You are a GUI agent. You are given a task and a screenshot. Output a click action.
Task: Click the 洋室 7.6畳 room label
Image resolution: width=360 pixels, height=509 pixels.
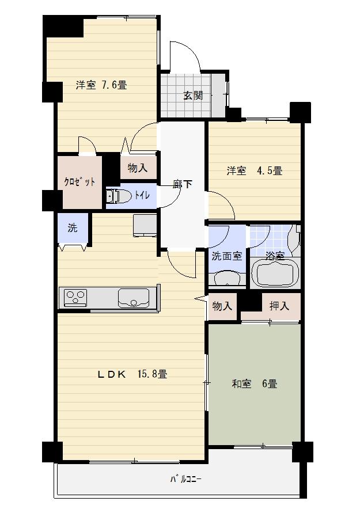pos(101,85)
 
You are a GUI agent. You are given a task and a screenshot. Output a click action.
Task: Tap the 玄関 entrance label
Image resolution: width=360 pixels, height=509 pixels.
pos(193,96)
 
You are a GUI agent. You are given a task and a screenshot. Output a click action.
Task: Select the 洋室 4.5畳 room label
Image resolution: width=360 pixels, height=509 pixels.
pos(253,171)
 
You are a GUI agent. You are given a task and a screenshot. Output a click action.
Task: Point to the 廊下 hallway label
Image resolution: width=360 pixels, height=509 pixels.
pos(183,184)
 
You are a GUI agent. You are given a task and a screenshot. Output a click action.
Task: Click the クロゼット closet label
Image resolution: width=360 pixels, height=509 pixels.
pos(79,182)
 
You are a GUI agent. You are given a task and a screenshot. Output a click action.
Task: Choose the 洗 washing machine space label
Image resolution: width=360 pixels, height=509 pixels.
pos(72,227)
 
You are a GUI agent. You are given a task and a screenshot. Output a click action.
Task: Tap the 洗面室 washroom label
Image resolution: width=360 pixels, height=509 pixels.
pos(226,256)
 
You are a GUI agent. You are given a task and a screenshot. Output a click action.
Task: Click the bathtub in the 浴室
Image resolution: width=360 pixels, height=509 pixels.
pos(275,273)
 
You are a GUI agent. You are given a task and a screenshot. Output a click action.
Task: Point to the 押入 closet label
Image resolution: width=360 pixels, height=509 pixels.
pos(279,306)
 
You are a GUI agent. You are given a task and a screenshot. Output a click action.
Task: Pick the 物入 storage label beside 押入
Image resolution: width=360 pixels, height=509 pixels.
pos(222,306)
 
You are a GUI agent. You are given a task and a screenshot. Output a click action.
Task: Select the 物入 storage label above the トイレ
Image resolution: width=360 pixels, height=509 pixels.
pos(138,168)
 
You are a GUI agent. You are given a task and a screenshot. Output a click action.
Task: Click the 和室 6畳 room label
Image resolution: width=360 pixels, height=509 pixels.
pos(254,383)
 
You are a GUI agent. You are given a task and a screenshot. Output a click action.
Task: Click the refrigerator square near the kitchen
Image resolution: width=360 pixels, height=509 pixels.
pos(145,225)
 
